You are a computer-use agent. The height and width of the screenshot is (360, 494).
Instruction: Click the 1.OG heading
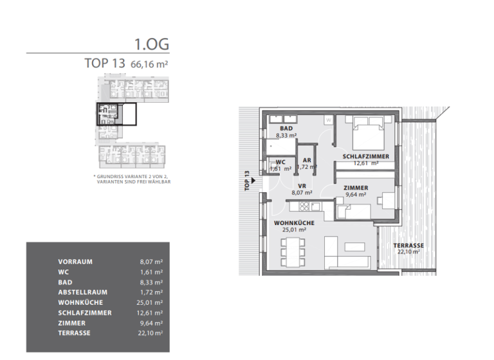pyautogui.click(x=151, y=44)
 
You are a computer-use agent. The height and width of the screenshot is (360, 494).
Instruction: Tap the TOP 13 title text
pyautogui.click(x=105, y=64)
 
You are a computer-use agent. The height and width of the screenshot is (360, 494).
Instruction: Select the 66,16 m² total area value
pyautogui.click(x=149, y=64)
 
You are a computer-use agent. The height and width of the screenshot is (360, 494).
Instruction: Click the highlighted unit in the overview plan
pyautogui.click(x=116, y=114)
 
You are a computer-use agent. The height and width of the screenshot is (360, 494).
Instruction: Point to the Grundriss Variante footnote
pyautogui.click(x=131, y=178)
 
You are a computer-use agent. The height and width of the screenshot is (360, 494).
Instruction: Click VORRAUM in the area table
pyautogui.click(x=75, y=262)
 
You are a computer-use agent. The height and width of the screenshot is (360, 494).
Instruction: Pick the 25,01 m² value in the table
pyautogui.click(x=151, y=302)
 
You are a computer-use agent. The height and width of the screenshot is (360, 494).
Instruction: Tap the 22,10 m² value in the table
pyautogui.click(x=151, y=332)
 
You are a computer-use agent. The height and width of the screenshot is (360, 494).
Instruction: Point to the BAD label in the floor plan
pyautogui.click(x=286, y=129)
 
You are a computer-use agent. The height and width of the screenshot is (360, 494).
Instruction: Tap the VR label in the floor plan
pyautogui.click(x=302, y=185)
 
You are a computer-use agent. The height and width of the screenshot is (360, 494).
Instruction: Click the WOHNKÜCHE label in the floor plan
pyautogui.click(x=294, y=222)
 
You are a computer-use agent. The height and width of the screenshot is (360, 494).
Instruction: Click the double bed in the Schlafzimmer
pyautogui.click(x=367, y=136)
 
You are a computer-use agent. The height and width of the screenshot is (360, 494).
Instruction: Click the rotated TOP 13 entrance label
pyautogui.click(x=247, y=181)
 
